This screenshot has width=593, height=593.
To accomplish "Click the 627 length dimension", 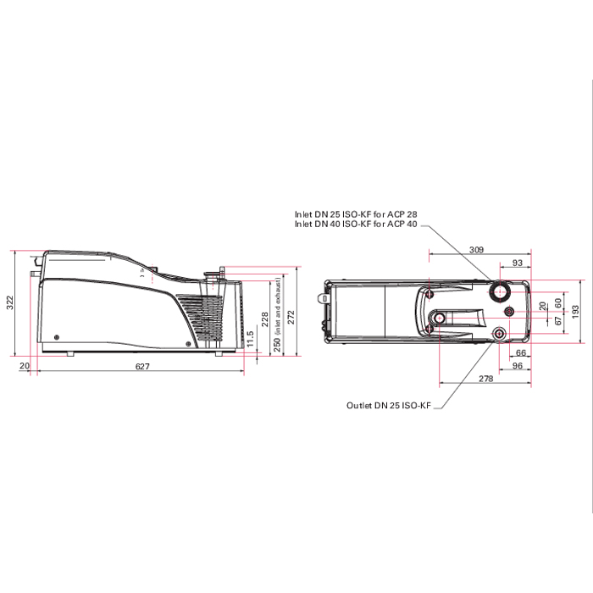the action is click(x=142, y=366).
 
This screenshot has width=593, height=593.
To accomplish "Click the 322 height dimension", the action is click(x=10, y=302).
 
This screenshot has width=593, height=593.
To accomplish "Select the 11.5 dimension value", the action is click(x=250, y=339).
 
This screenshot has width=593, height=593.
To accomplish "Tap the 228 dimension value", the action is click(x=264, y=319).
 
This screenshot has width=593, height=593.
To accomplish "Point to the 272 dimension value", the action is click(x=291, y=318).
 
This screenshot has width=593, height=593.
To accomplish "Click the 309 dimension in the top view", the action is click(x=476, y=250).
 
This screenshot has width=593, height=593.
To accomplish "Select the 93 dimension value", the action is click(x=517, y=263).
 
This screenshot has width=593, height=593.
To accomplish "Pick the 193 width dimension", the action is click(x=575, y=312).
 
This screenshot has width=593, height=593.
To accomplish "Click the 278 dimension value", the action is click(x=485, y=378).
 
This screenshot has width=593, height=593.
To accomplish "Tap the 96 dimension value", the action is click(x=517, y=365).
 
